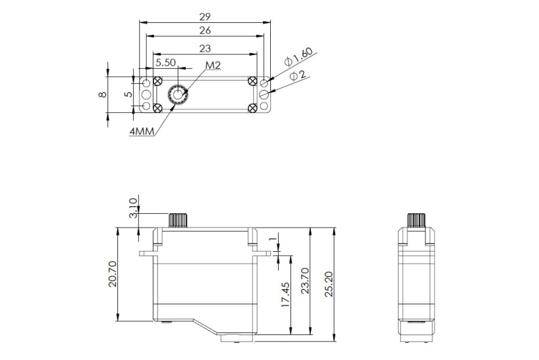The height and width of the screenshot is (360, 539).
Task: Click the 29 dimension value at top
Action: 205,14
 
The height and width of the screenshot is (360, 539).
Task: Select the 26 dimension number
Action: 205,30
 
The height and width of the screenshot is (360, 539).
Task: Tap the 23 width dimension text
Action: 205,48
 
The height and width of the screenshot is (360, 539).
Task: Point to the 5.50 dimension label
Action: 165,63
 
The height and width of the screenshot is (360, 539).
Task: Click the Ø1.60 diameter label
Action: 299,57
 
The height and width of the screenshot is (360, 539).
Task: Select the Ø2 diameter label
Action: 298,76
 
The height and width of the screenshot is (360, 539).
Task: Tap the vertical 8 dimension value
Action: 102,94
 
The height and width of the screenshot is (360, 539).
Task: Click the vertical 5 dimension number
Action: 129,94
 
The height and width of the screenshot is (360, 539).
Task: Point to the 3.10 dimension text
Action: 134,209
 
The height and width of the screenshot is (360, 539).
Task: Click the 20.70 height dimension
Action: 113,273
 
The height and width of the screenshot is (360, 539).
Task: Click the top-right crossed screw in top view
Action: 252,81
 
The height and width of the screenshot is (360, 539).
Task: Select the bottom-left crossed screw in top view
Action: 157,108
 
